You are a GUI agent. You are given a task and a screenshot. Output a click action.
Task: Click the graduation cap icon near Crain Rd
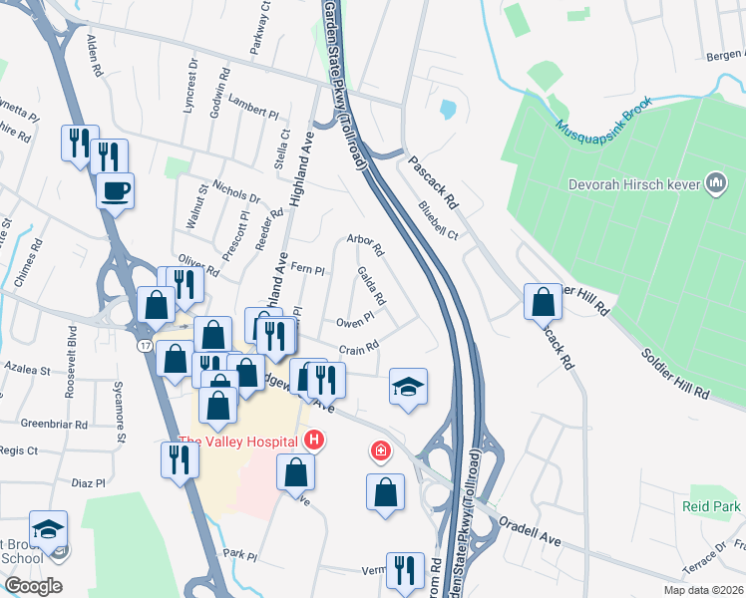coord(408,386)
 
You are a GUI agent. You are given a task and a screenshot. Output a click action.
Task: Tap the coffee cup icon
coord(116,188)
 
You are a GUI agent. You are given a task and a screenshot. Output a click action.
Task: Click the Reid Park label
coord(711,506)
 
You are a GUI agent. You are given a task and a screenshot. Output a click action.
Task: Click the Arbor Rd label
coord(365,239)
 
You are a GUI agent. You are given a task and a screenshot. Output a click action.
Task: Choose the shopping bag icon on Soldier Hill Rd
coord(543,301)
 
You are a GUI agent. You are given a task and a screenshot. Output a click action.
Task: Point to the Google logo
coord(33,586)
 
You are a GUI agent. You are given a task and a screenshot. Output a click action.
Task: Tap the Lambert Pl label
coord(252,108)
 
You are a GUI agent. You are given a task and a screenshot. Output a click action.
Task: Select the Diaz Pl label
coord(89,483)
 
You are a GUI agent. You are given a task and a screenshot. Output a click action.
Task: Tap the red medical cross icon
coord(379,452)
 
